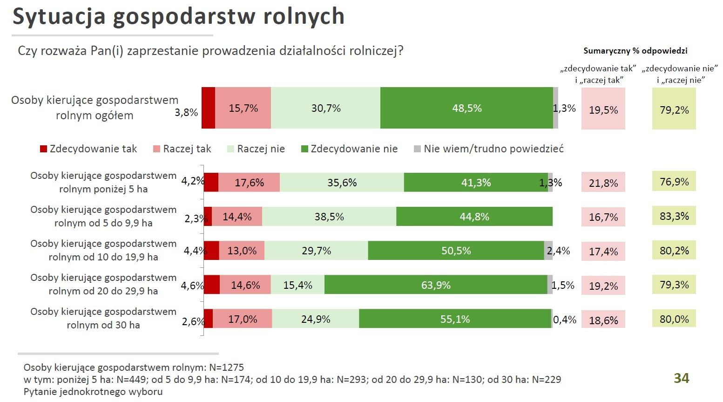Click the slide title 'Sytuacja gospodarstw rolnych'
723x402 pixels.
coord(178,17)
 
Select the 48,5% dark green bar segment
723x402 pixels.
coord(466,108)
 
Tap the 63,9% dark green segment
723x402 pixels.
coord(436,285)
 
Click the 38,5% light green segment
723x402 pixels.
coord(329,217)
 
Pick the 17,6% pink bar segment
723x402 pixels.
coord(249,182)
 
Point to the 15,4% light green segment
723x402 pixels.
coord(298,285)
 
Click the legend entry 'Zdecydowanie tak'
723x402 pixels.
coord(88,149)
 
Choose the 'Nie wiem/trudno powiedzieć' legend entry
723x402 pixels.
coord(489,149)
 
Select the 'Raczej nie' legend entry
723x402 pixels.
coord(256,149)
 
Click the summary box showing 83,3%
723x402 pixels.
coord(674,216)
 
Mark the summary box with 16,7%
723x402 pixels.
coord(603,217)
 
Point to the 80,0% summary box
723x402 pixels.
coord(674,319)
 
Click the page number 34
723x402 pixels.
coord(682,378)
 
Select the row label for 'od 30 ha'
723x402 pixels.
coord(103,318)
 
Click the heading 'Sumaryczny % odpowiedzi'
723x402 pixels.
coord(635,51)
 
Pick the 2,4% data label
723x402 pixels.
coord(559,251)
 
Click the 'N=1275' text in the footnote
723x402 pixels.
coord(225,367)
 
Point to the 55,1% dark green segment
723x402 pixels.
coord(455,319)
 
